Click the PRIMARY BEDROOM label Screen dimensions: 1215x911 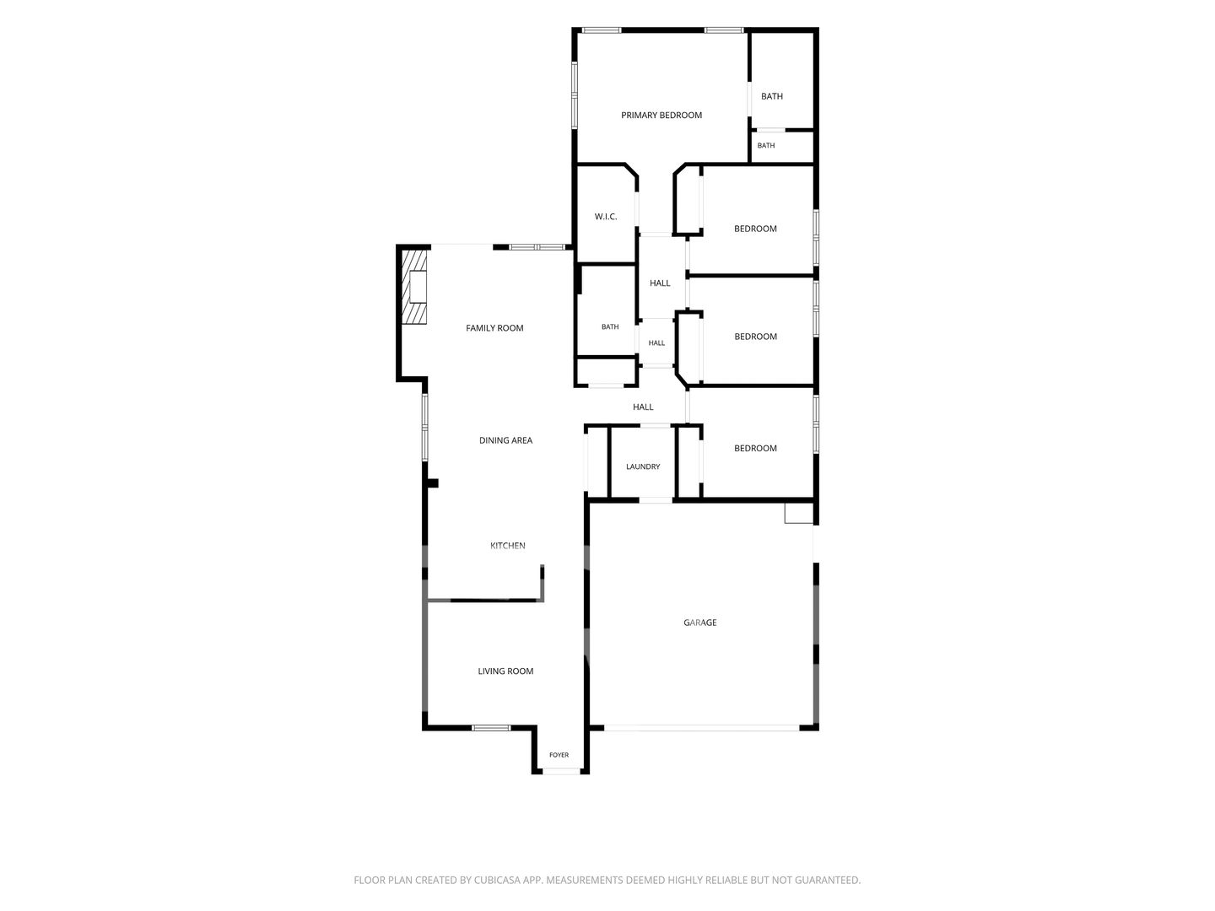pyautogui.click(x=661, y=115)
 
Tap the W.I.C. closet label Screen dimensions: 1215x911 pyautogui.click(x=606, y=216)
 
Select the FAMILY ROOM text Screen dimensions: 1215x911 pyautogui.click(x=494, y=328)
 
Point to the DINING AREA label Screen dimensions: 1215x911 pyautogui.click(x=505, y=440)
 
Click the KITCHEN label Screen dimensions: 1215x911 pyautogui.click(x=508, y=546)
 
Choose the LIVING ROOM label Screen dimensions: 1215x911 pyautogui.click(x=505, y=671)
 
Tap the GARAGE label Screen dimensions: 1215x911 pyautogui.click(x=699, y=623)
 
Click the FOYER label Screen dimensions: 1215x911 pyautogui.click(x=559, y=754)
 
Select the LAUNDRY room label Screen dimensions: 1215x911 pyautogui.click(x=643, y=466)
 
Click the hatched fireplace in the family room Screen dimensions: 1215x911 pyautogui.click(x=413, y=287)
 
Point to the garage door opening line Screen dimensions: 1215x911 pyautogui.click(x=701, y=728)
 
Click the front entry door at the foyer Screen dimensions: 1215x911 pyautogui.click(x=560, y=770)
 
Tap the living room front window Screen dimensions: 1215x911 pyautogui.click(x=491, y=728)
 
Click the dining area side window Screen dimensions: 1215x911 pyautogui.click(x=425, y=427)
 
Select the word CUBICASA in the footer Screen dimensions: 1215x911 pyautogui.click(x=497, y=880)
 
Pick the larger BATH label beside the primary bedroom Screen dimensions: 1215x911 pyautogui.click(x=772, y=96)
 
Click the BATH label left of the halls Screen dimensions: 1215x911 pyautogui.click(x=610, y=327)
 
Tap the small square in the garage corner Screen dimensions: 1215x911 pyautogui.click(x=799, y=512)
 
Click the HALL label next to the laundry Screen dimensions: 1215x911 pyautogui.click(x=643, y=407)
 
